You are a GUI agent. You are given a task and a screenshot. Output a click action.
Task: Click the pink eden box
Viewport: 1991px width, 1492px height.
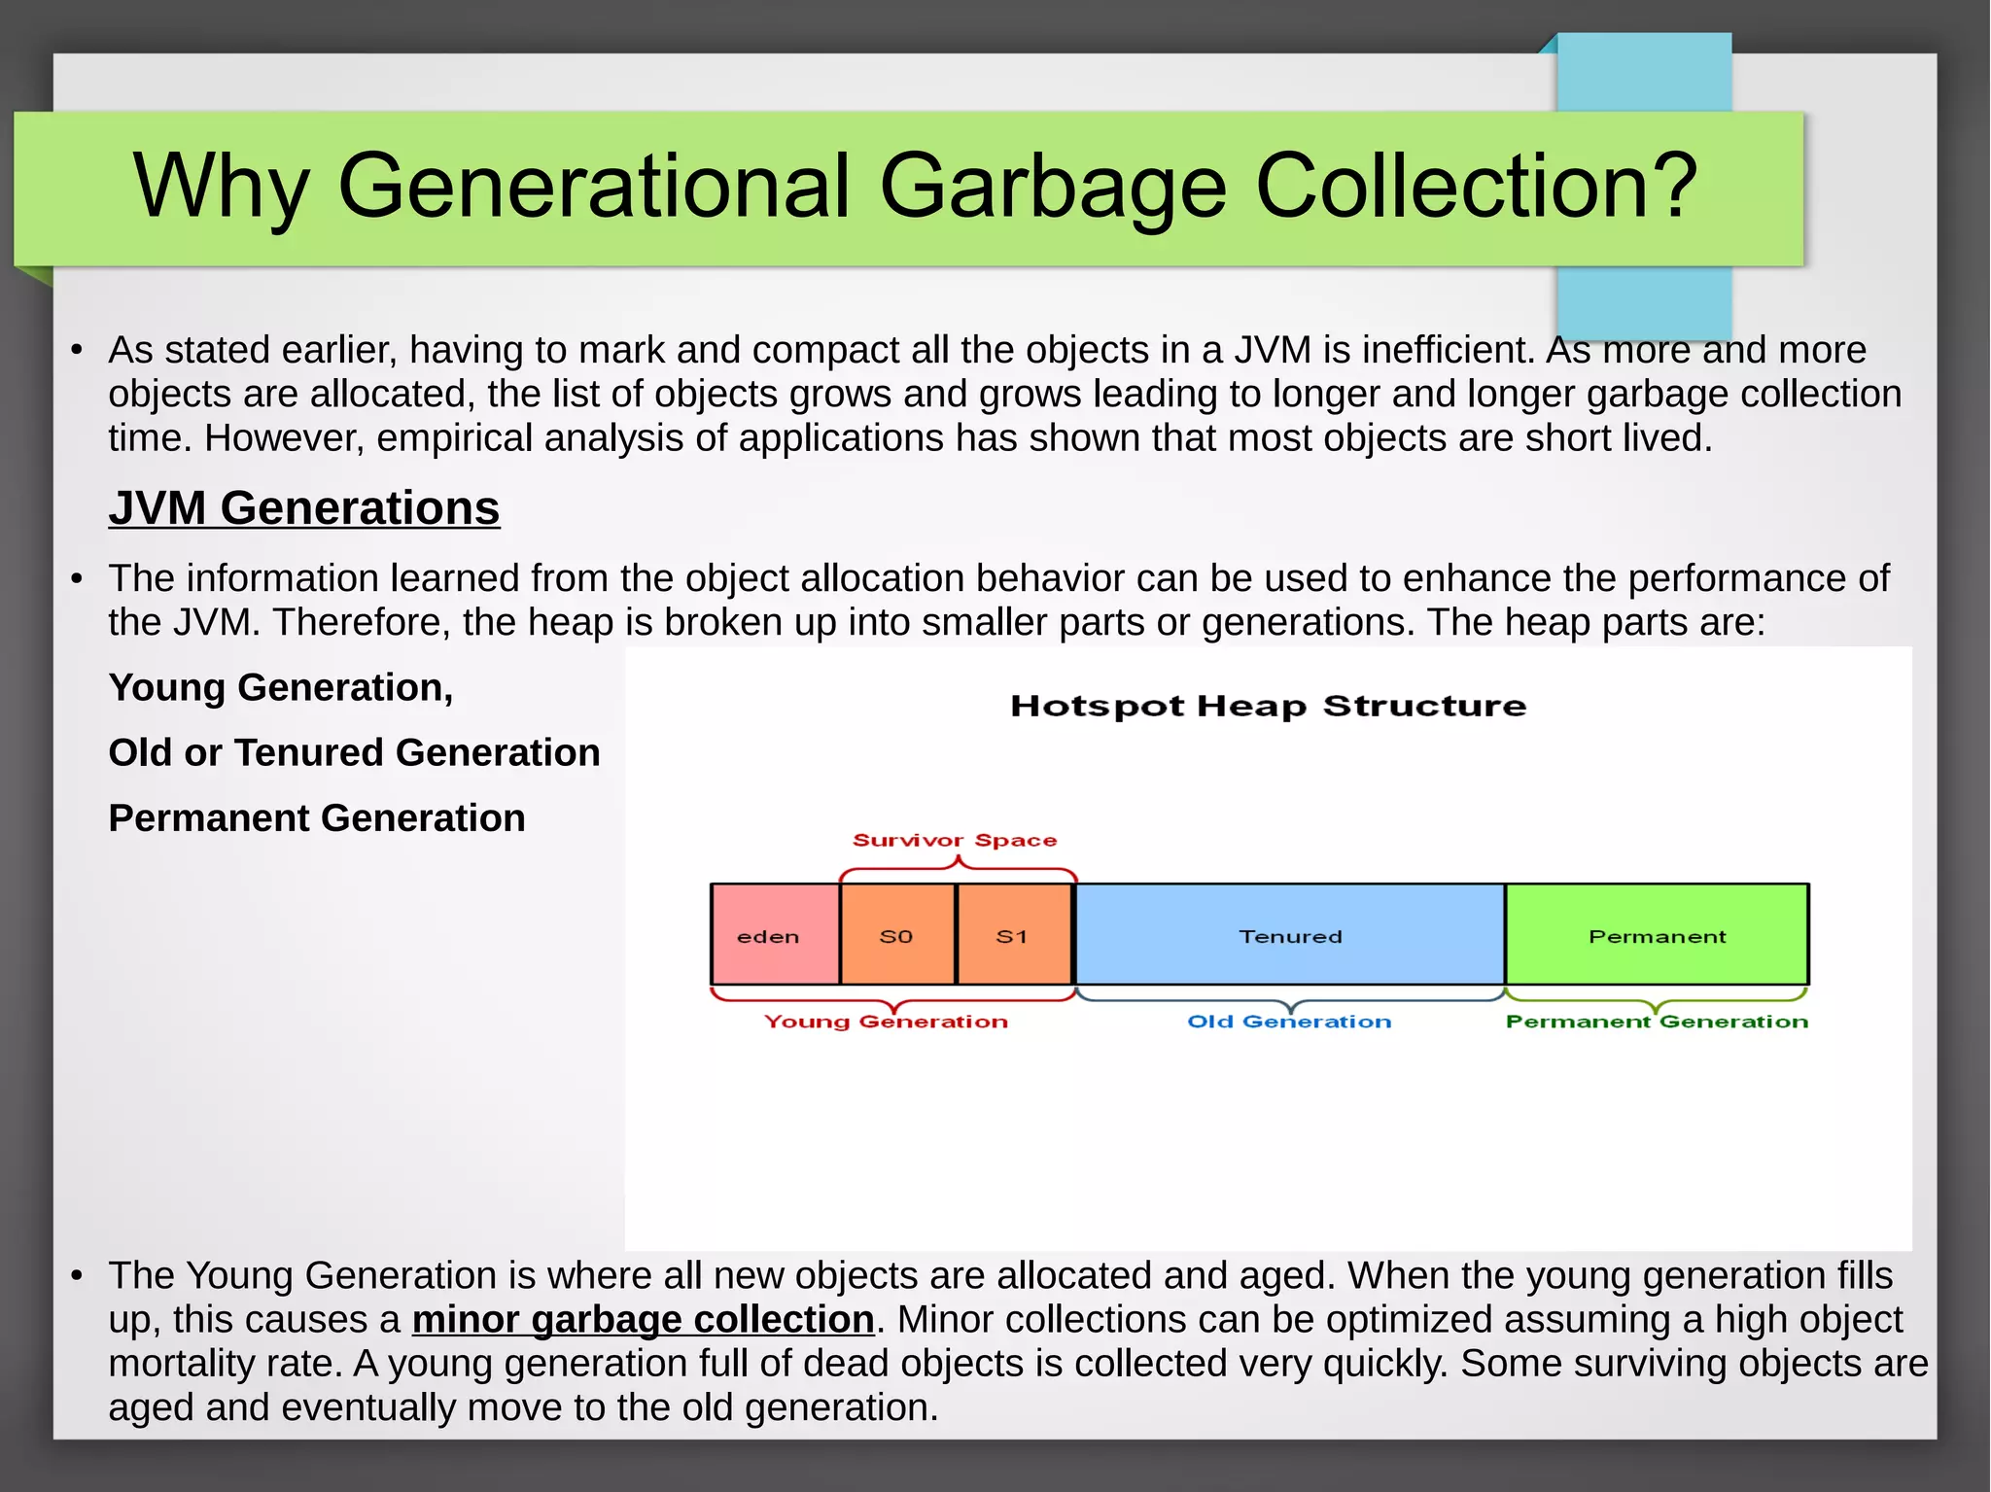pos(775,935)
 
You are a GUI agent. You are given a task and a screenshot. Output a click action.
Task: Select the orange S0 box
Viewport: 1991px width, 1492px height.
pos(897,935)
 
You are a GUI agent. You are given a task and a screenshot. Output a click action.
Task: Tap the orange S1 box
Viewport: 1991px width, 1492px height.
pos(1013,935)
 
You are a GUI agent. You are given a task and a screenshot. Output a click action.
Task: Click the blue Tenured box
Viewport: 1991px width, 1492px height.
pos(1290,935)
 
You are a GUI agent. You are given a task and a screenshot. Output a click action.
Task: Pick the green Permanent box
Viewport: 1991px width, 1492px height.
pos(1657,935)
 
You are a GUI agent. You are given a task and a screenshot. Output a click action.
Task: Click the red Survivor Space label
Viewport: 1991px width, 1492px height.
pos(954,840)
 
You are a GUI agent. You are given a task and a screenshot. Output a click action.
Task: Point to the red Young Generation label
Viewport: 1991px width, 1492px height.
pos(886,1022)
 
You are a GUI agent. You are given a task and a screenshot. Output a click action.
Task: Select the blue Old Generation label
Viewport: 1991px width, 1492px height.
pos(1289,1022)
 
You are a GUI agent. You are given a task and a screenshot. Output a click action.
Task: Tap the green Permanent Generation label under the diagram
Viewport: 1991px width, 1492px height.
pos(1657,1022)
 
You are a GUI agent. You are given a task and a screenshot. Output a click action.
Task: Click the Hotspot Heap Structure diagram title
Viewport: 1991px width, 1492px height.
pos(1268,706)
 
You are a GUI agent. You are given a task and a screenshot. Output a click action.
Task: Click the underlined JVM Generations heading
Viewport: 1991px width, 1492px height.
pos(304,508)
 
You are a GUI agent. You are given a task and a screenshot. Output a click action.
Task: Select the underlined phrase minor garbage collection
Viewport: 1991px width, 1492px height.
pos(643,1320)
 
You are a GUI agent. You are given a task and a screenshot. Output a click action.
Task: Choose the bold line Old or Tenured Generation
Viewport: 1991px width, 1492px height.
pos(354,753)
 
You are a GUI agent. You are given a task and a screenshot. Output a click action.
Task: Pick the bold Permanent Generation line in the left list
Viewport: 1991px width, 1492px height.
pos(317,818)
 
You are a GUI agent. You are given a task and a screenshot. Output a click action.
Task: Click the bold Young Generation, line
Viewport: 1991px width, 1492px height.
pos(281,688)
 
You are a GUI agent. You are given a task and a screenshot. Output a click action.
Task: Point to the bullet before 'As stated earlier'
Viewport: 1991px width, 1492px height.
pos(77,351)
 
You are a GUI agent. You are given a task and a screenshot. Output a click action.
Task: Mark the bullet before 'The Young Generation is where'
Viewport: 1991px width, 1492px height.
pos(77,1276)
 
